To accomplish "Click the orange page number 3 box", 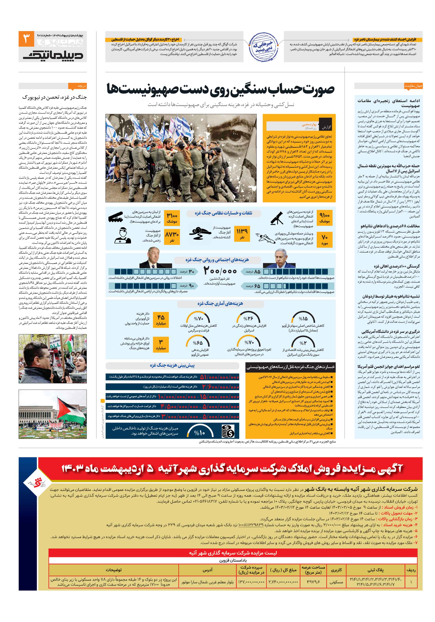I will pos(26,39).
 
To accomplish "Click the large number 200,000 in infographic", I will pos(220,271).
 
